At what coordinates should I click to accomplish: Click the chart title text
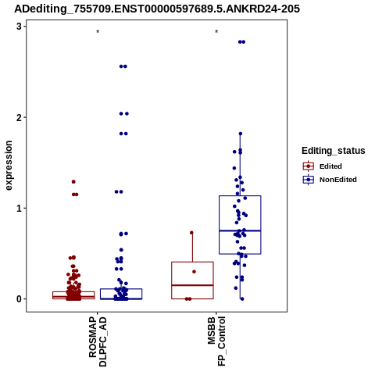tap(157, 9)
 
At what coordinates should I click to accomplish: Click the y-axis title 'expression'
tap(9, 166)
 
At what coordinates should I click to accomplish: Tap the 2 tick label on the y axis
tap(19, 117)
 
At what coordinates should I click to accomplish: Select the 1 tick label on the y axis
tap(19, 209)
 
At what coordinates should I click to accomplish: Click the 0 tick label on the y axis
tap(19, 299)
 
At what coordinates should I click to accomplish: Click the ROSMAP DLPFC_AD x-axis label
tap(98, 341)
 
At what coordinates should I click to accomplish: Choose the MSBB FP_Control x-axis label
tap(216, 341)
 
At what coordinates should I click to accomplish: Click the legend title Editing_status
tap(334, 151)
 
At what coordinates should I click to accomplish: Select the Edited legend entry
tap(323, 166)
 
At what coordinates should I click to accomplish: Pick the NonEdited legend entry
tap(330, 180)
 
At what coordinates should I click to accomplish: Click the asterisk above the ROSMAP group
tap(98, 32)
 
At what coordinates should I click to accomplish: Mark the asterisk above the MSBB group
tap(216, 32)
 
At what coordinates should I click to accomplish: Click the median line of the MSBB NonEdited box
tap(240, 230)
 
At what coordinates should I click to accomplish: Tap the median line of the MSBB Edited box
tap(192, 285)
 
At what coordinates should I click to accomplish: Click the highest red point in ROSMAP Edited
tap(73, 182)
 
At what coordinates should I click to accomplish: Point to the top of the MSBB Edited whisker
tap(192, 233)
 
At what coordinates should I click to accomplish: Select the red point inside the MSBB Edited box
tap(194, 272)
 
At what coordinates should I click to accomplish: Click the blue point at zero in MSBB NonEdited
tap(242, 299)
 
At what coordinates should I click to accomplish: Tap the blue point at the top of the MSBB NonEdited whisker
tap(241, 134)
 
